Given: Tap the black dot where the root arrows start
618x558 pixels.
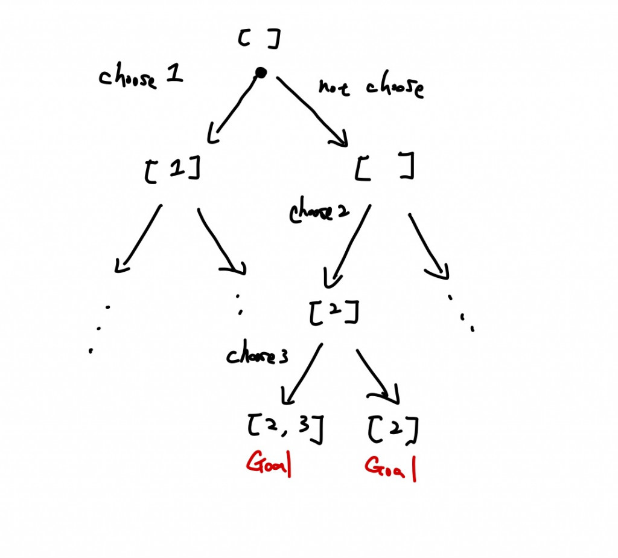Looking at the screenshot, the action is pos(261,73).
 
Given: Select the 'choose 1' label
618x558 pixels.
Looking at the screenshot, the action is pos(141,78).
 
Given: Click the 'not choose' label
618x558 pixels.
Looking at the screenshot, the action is pos(371,88).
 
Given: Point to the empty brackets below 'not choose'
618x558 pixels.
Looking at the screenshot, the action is pos(384,167).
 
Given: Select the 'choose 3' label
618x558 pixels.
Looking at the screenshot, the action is pos(257,356).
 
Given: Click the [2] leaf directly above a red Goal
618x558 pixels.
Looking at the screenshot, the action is pos(392,429).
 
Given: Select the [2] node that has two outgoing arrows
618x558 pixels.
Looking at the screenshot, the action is pos(334,313).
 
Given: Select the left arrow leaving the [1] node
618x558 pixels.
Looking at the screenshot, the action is pos(139,239).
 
